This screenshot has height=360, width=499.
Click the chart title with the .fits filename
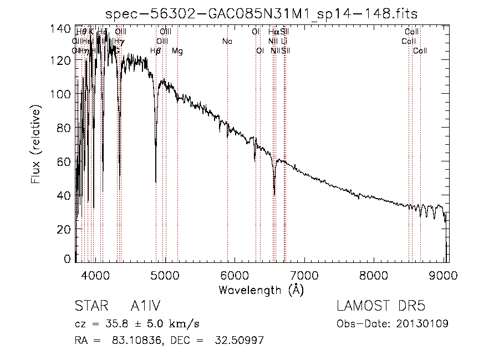[x=261, y=13]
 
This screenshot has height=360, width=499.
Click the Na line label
[x=227, y=41]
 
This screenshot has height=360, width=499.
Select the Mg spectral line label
[x=177, y=51]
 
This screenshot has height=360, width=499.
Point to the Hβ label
[x=156, y=51]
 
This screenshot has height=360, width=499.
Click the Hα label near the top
[x=273, y=32]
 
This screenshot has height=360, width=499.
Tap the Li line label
[x=284, y=41]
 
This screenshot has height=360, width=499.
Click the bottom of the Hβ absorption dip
[x=156, y=181]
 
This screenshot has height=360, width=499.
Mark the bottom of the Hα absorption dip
[x=274, y=194]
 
